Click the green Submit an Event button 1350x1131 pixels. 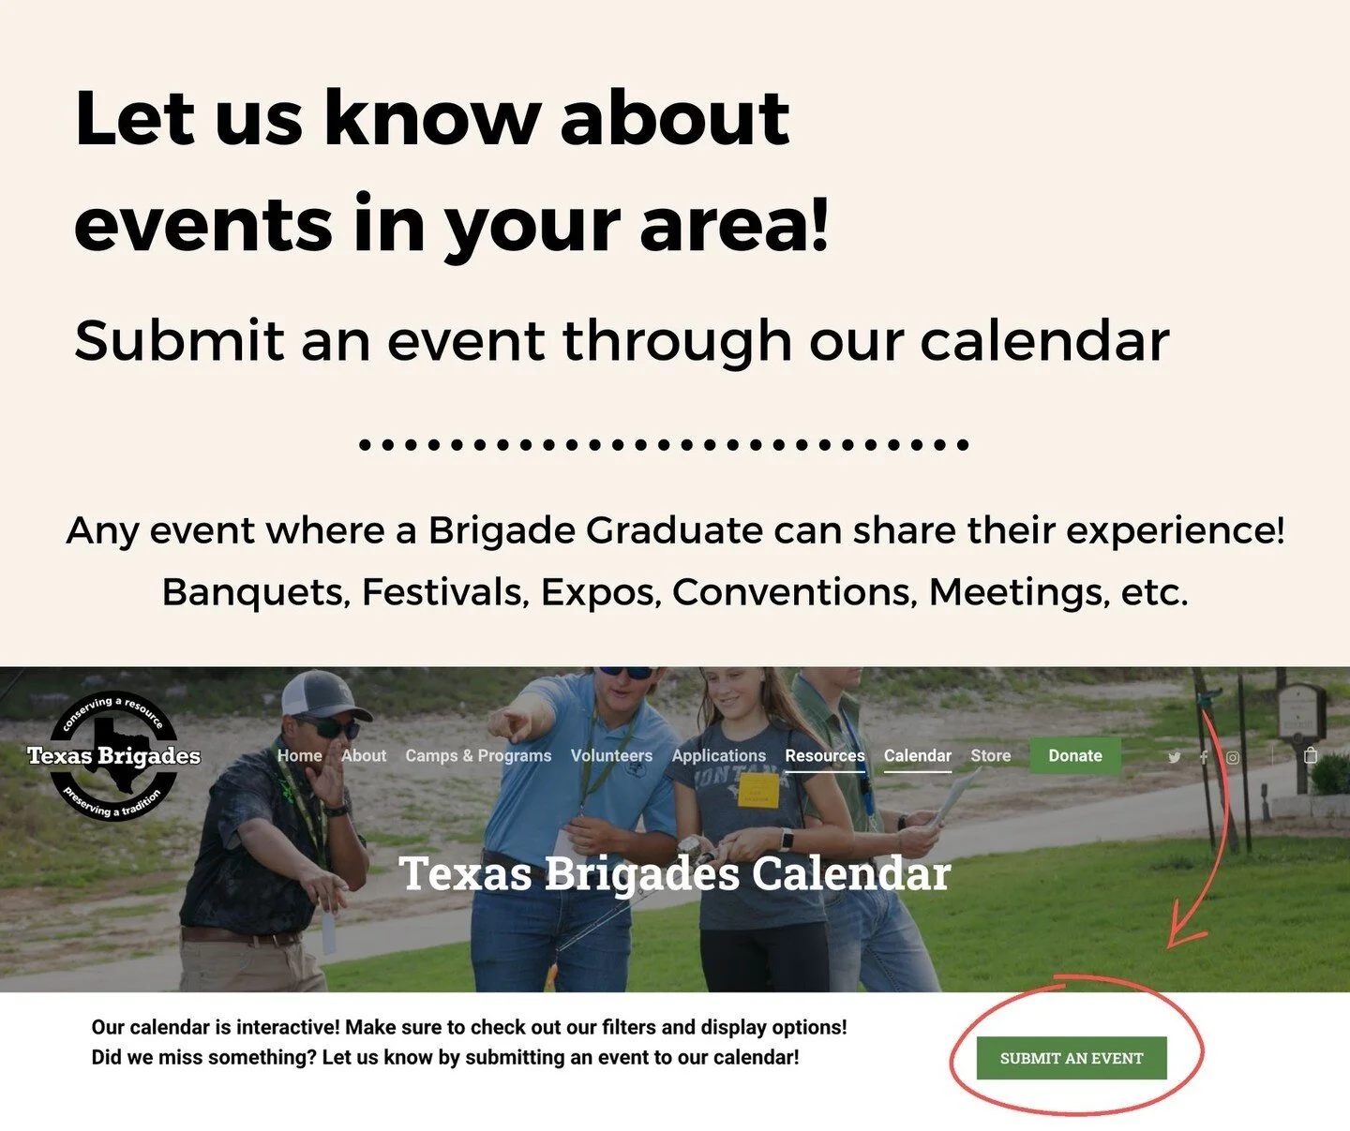[1072, 1058]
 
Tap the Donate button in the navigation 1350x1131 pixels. [1074, 755]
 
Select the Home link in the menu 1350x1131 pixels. [299, 755]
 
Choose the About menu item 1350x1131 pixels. [364, 755]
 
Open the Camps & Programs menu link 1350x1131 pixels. [478, 755]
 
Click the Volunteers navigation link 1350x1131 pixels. [611, 755]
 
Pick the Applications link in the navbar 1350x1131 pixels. [718, 755]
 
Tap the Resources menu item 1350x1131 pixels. [825, 755]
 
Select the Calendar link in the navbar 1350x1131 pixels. [917, 755]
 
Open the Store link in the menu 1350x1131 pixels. [990, 755]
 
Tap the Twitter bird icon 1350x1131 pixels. [1174, 757]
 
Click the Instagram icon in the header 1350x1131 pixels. [1233, 757]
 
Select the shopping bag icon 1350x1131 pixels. [1311, 755]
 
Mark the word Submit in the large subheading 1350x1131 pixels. [179, 340]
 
